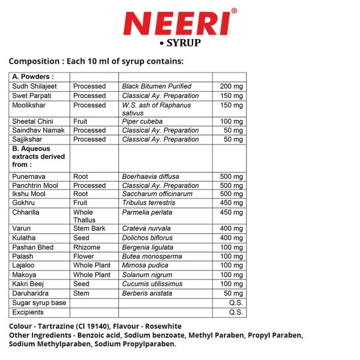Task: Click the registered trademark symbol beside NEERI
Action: click(233, 11)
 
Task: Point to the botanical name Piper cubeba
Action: click(142, 121)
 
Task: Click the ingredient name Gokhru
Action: click(25, 203)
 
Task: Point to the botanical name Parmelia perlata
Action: click(147, 212)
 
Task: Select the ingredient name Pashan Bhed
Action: click(33, 247)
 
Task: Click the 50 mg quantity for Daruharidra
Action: click(233, 293)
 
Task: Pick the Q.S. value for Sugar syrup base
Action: click(236, 303)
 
